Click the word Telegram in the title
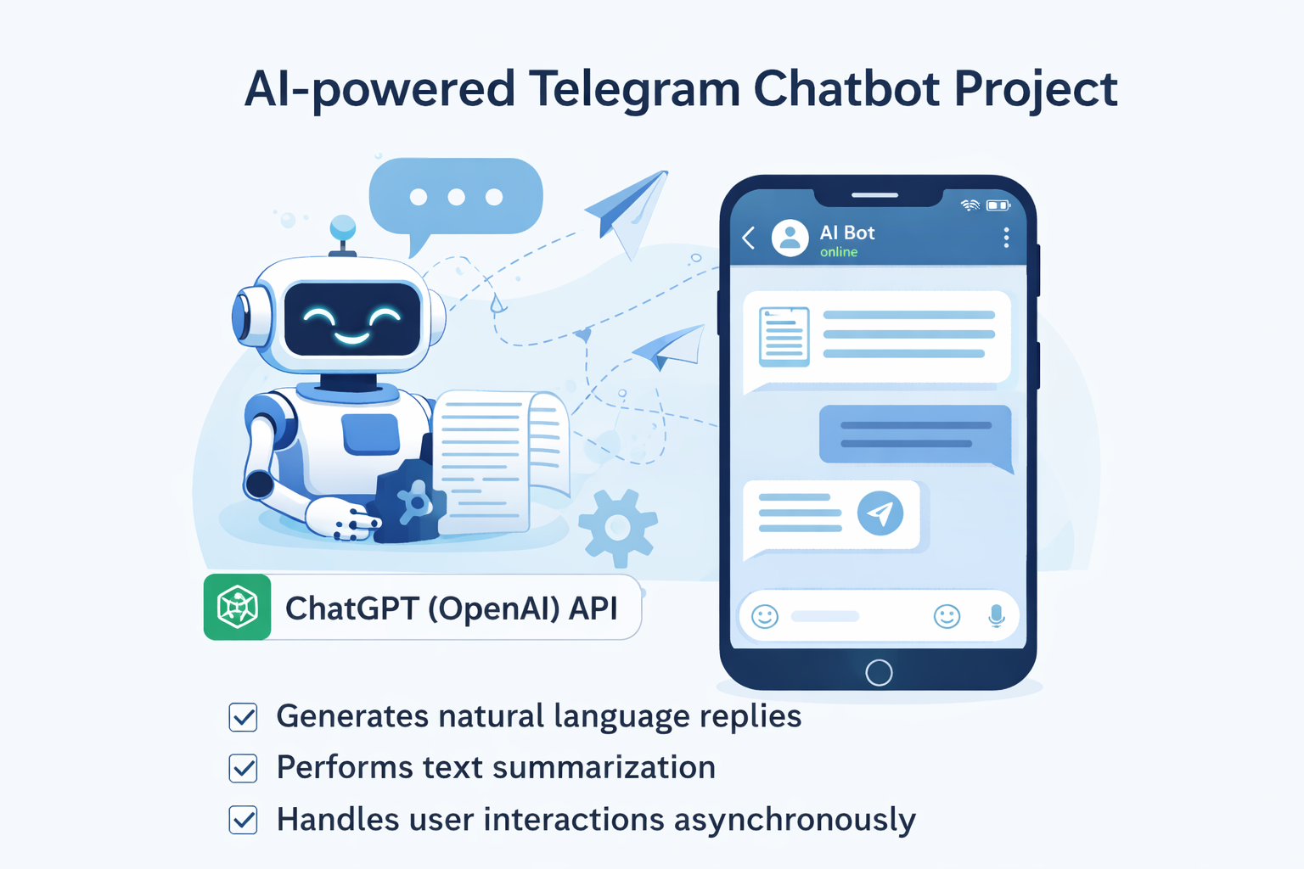point(634,89)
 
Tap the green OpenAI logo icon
point(238,608)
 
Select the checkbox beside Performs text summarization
point(244,768)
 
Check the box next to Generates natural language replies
point(244,717)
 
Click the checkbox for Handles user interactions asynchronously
point(244,820)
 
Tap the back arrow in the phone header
point(749,238)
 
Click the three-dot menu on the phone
point(1006,238)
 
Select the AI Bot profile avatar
point(790,238)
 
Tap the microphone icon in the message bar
point(997,616)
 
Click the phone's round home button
point(879,673)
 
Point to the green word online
point(839,252)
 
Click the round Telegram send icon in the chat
point(880,513)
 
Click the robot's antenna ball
point(343,227)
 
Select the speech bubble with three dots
point(456,198)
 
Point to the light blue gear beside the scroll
point(618,527)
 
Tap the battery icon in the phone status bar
point(998,205)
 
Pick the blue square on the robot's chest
point(371,434)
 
